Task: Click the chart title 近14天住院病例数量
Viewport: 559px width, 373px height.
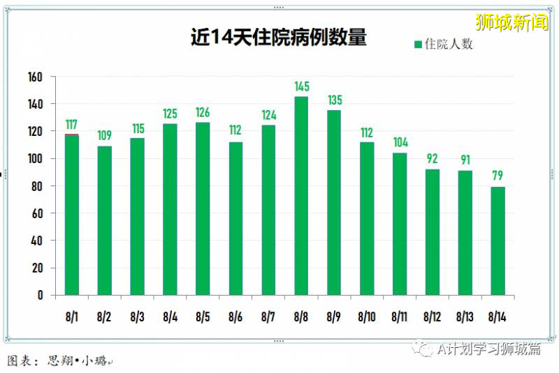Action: pyautogui.click(x=279, y=37)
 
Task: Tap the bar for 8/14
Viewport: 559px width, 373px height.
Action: pyautogui.click(x=498, y=241)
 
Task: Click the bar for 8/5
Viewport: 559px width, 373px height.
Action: pyautogui.click(x=203, y=208)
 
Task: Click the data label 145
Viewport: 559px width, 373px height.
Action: pyautogui.click(x=301, y=87)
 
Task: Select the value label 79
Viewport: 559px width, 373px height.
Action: pyautogui.click(x=498, y=176)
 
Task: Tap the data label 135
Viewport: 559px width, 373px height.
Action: pyautogui.click(x=334, y=100)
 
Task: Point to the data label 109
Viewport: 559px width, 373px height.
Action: pyautogui.click(x=104, y=135)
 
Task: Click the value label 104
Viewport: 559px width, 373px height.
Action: pyautogui.click(x=400, y=142)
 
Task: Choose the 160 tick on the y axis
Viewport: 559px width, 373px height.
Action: pyautogui.click(x=35, y=77)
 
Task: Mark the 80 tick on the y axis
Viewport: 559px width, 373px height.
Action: pyautogui.click(x=38, y=186)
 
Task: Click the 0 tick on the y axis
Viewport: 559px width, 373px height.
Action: pyautogui.click(x=41, y=295)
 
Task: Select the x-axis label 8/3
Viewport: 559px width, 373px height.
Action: pyautogui.click(x=137, y=317)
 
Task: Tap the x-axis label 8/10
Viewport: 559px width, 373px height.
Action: pyautogui.click(x=366, y=317)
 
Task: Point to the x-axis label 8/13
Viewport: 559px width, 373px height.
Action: pyautogui.click(x=465, y=317)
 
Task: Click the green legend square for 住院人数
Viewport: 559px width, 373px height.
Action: pyautogui.click(x=418, y=45)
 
